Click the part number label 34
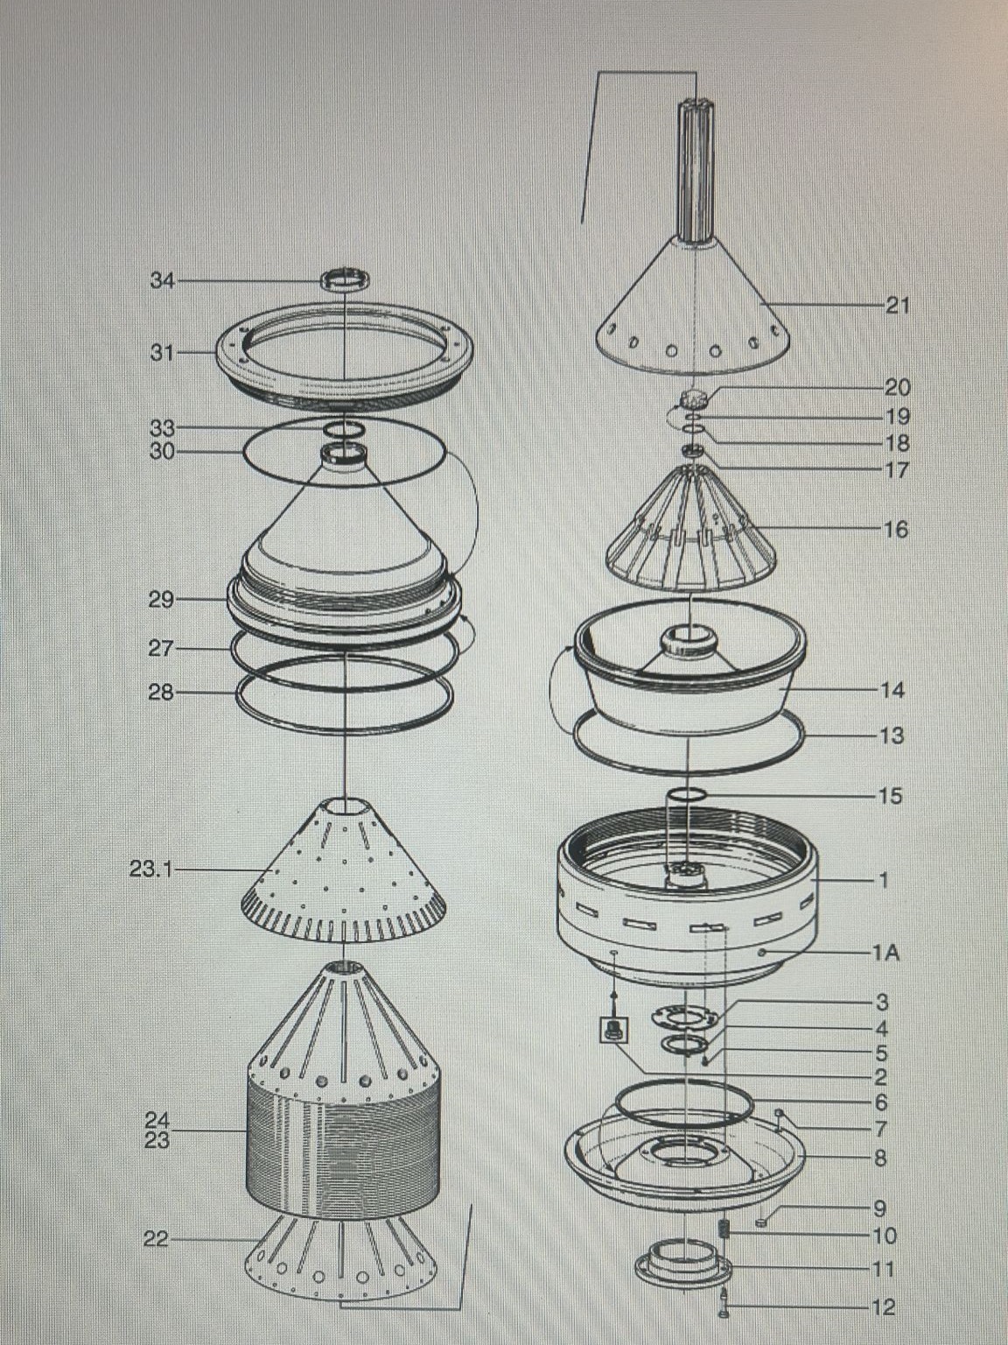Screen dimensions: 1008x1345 pos(162,281)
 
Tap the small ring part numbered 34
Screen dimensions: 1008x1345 pos(346,279)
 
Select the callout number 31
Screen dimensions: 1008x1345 pos(162,353)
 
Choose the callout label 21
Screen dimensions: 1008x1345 pos(897,305)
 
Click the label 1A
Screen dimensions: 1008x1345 pos(886,954)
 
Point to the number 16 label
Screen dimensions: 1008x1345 pos(896,529)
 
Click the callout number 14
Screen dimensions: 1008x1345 pos(892,690)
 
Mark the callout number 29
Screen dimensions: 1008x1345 pos(161,599)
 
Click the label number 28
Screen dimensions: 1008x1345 pos(161,693)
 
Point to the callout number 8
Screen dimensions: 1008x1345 pos(880,1158)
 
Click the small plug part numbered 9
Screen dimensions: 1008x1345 pos(761,1206)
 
